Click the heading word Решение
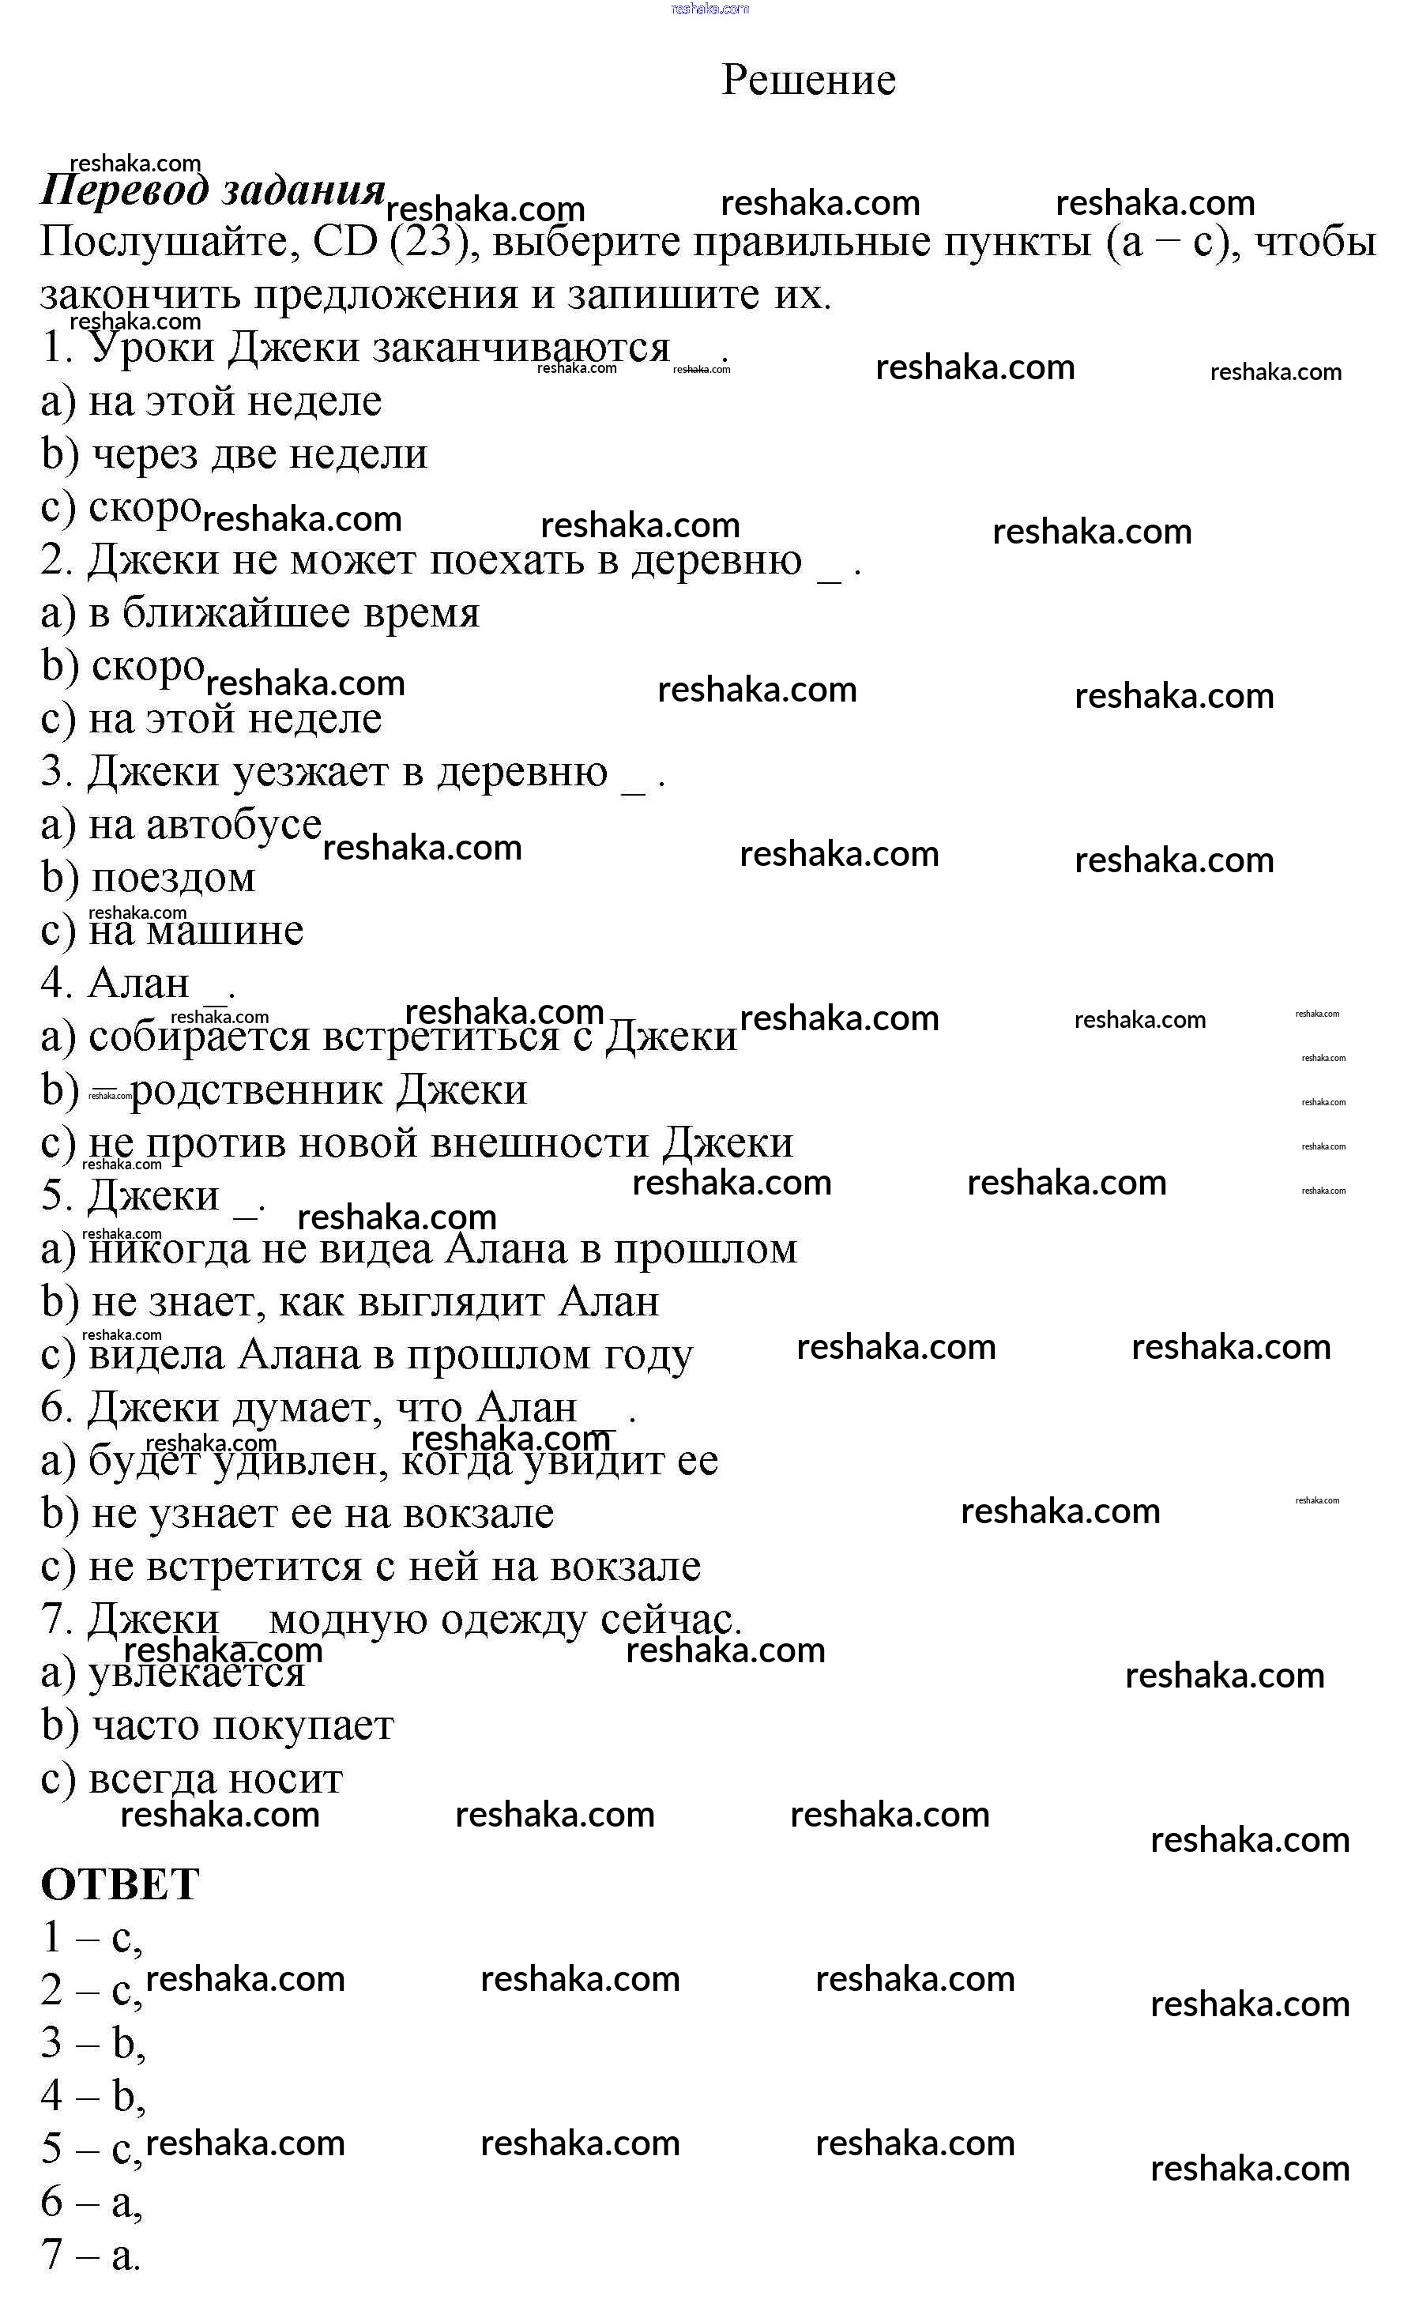point(808,80)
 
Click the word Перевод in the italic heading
point(124,190)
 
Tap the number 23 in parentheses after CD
point(429,242)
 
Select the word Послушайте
point(164,242)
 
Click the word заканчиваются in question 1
point(521,348)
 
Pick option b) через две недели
point(235,454)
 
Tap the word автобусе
point(234,825)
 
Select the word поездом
point(174,878)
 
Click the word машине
point(225,931)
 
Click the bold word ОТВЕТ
point(120,1884)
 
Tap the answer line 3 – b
point(92,2044)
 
